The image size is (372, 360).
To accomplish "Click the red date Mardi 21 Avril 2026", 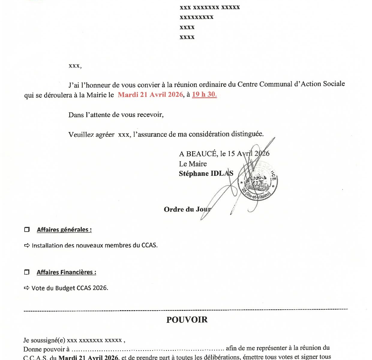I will pos(150,95).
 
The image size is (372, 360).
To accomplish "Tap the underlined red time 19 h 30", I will pos(204,94).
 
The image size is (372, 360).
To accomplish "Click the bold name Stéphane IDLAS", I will pos(206,174).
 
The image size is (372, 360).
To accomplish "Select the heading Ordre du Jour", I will pos(187,209).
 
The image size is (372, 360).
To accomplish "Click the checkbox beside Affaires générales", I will pos(27,230).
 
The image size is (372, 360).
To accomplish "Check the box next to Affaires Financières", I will pos(27,272).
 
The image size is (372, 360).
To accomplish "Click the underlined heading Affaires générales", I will pos(64,230).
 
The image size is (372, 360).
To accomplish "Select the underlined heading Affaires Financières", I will pos(66,272).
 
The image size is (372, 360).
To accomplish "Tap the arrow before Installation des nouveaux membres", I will pos(27,245).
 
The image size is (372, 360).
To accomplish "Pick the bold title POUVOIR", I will pos(187,320).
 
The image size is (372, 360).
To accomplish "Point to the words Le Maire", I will pos(193,164).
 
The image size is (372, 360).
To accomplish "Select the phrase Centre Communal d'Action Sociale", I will pos(291,84).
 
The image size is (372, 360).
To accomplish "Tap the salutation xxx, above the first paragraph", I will pos(75,66).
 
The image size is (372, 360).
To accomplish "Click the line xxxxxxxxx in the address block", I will pos(196,17).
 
